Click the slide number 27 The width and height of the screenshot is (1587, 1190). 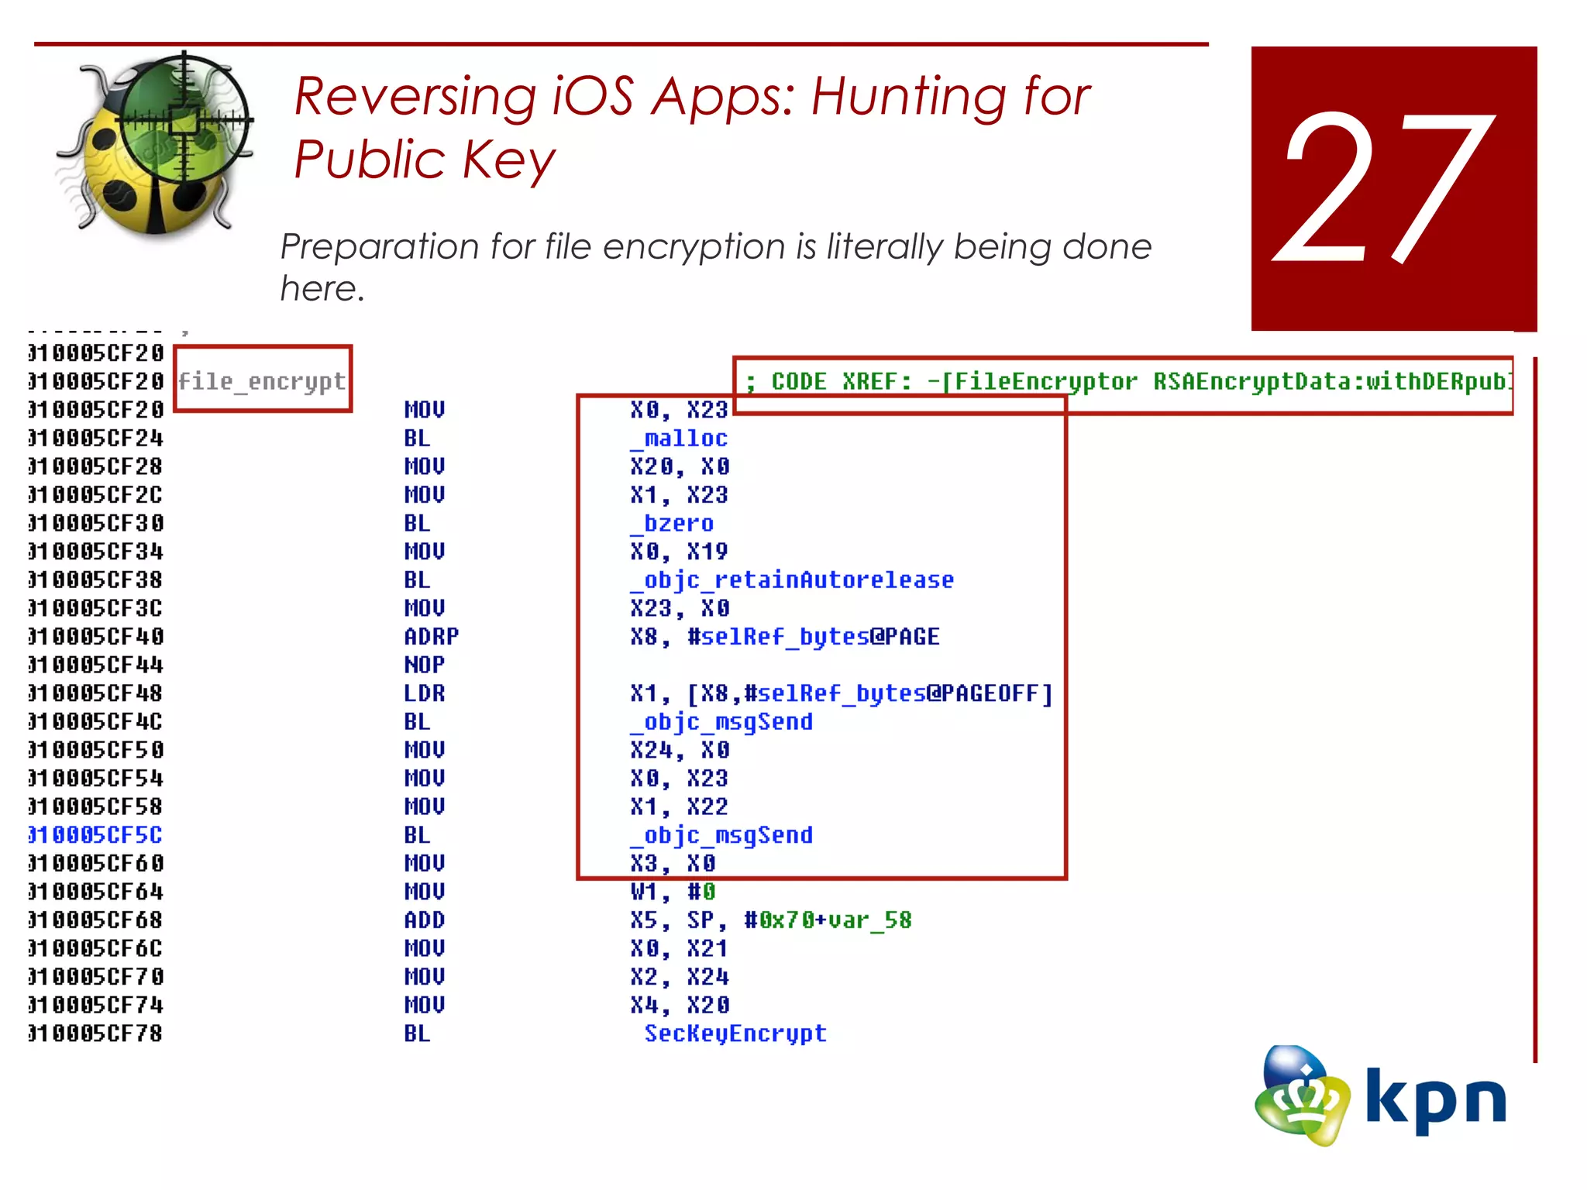click(1386, 189)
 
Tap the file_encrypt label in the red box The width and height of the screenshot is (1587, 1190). click(262, 381)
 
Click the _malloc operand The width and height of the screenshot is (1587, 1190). click(679, 439)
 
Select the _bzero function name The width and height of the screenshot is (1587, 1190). click(671, 524)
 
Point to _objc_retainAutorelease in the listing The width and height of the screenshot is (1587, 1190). click(791, 580)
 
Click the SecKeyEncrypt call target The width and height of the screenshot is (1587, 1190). click(735, 1034)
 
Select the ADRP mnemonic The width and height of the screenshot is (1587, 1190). click(431, 637)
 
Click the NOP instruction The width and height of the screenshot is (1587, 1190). click(424, 665)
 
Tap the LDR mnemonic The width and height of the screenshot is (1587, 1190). click(424, 693)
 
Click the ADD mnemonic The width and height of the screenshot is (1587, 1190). click(424, 920)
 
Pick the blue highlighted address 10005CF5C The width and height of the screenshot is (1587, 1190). click(95, 835)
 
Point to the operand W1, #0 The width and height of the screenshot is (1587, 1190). click(673, 892)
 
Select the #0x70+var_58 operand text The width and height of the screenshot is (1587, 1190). click(827, 920)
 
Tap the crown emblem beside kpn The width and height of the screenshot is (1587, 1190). click(1302, 1095)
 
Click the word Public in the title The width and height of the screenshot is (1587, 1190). click(368, 160)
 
